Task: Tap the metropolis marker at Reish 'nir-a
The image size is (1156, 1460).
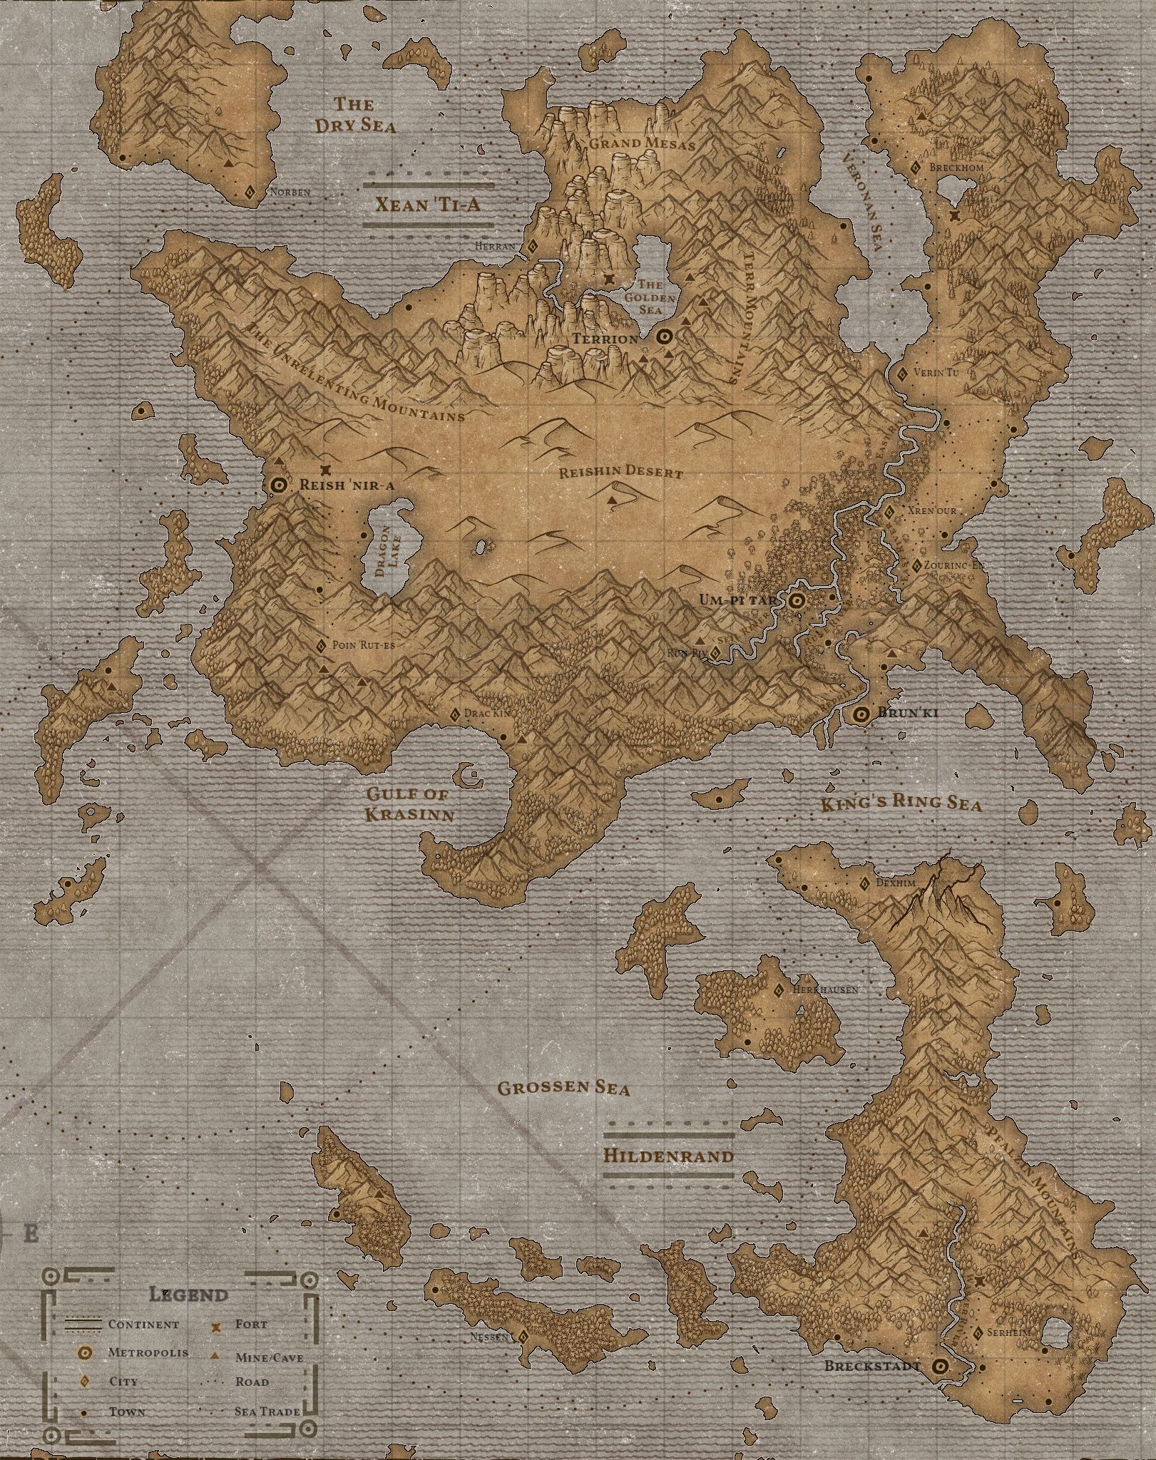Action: pyautogui.click(x=280, y=485)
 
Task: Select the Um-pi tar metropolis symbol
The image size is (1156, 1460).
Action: pyautogui.click(x=797, y=601)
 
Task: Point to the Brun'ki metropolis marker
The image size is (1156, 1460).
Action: pyautogui.click(x=861, y=714)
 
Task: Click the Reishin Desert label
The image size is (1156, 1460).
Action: pyautogui.click(x=620, y=472)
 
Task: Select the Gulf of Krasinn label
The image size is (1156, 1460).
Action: pyautogui.click(x=410, y=805)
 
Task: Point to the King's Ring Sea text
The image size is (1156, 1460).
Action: pyautogui.click(x=900, y=803)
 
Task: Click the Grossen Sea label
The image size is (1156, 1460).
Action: pyautogui.click(x=563, y=1108)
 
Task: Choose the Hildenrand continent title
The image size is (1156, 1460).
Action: pyautogui.click(x=668, y=1175)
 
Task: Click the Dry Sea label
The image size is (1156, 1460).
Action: pyautogui.click(x=354, y=115)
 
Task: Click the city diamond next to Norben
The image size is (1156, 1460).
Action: pyautogui.click(x=250, y=192)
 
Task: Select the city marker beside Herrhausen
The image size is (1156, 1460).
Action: pyautogui.click(x=779, y=990)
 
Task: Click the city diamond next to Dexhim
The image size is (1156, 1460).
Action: pyautogui.click(x=864, y=884)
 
